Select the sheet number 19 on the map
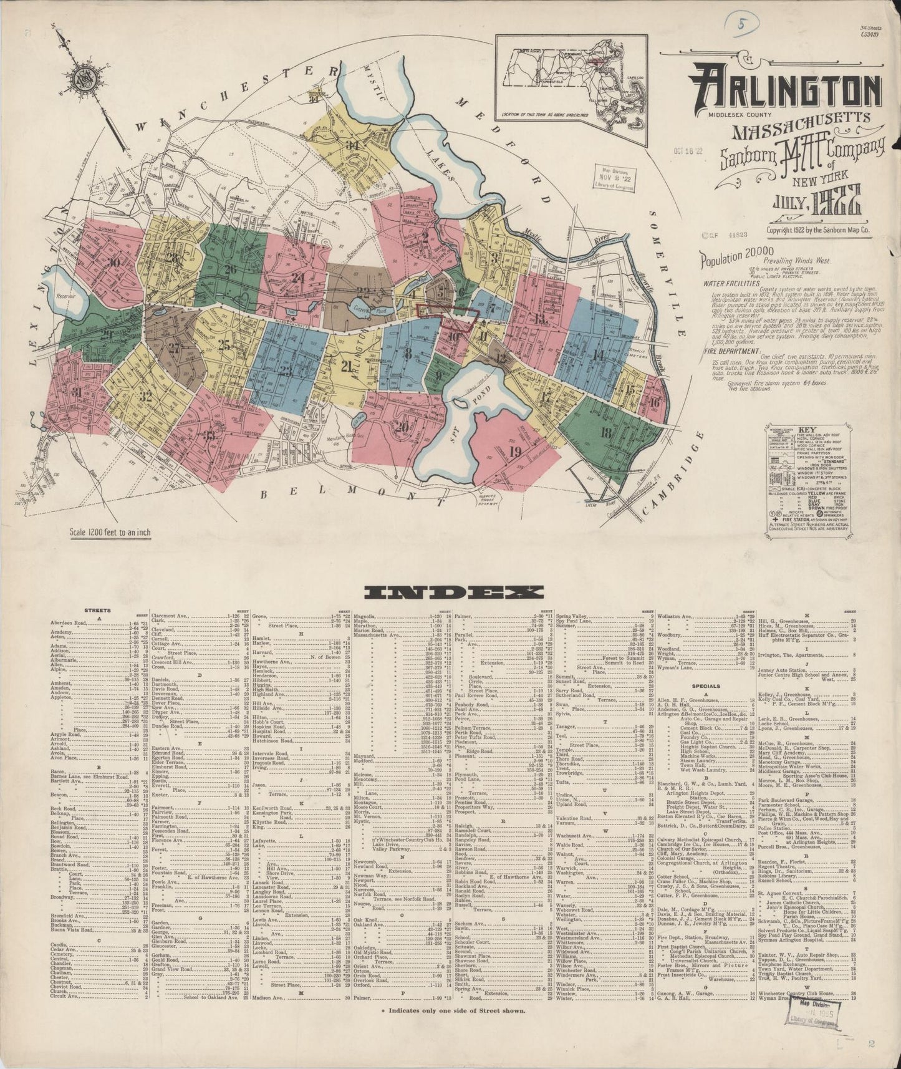tap(515, 452)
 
